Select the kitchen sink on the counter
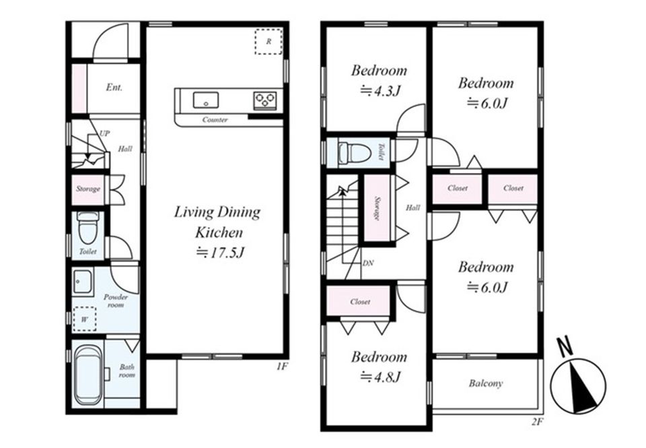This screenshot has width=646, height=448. (206, 100)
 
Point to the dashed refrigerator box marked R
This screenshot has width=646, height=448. (268, 41)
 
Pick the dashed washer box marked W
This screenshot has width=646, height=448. (85, 319)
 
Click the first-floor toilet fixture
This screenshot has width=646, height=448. (87, 228)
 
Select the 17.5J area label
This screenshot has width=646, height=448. (221, 253)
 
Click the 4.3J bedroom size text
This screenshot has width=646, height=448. (380, 90)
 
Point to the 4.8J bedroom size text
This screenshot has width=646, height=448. (380, 377)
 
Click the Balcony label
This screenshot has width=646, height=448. (486, 383)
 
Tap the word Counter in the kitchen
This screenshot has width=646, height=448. (215, 120)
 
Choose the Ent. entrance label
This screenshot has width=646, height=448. (114, 87)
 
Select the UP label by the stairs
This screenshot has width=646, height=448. (105, 133)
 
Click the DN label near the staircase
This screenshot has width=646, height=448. (368, 263)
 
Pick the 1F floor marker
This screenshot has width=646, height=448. (281, 366)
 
